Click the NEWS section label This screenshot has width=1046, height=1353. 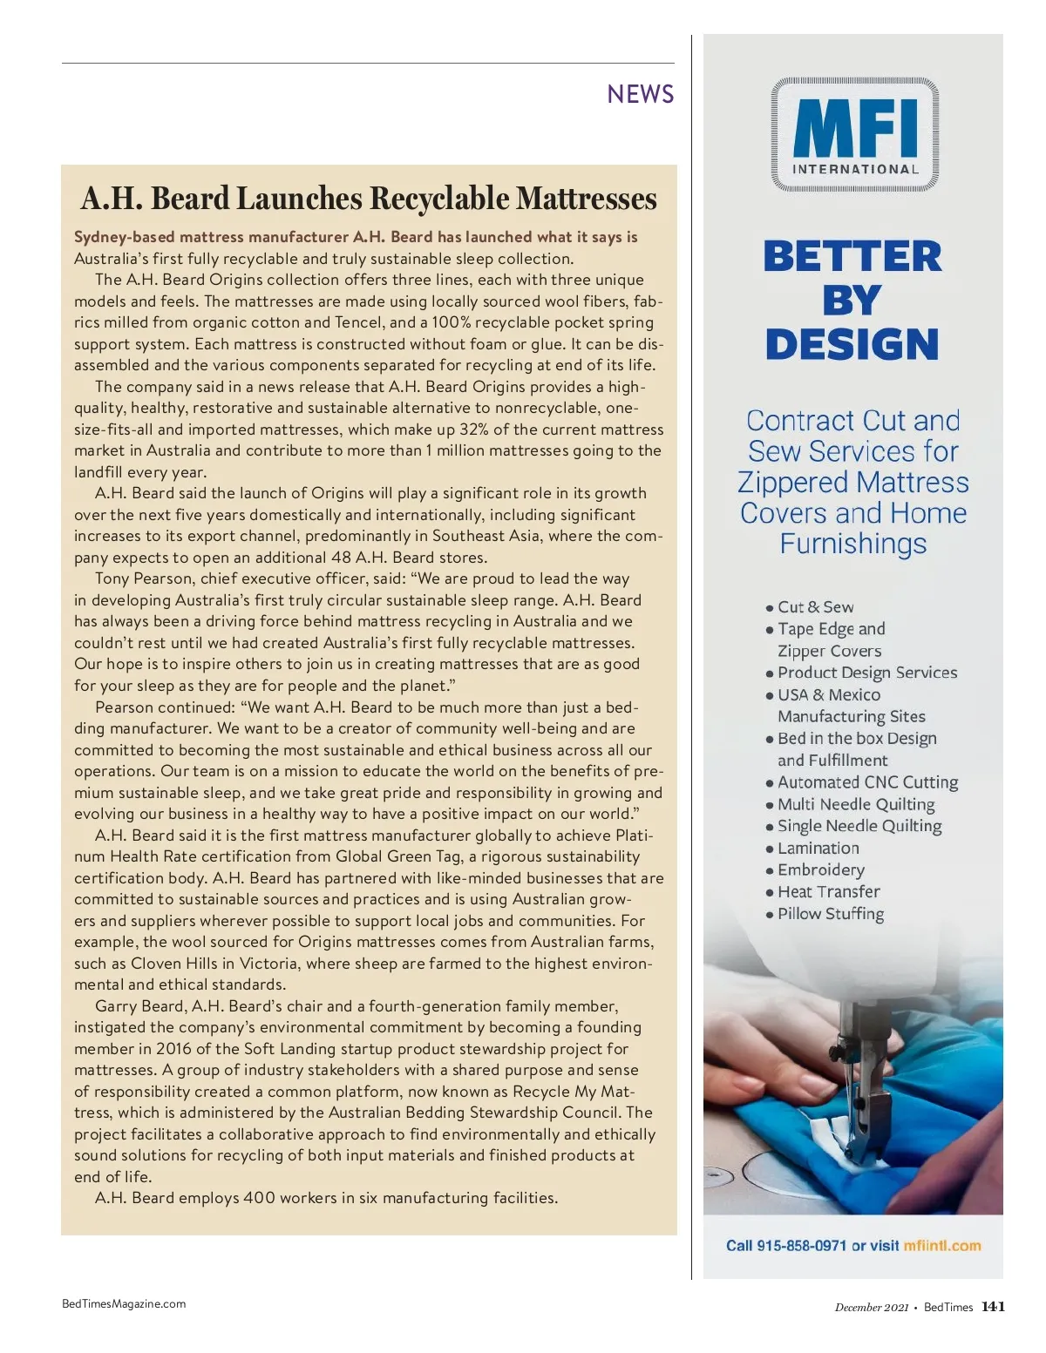641,94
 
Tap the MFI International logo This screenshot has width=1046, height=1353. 854,135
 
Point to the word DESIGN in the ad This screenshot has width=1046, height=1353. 852,344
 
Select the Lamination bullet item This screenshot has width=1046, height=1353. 818,848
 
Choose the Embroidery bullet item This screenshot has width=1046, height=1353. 820,869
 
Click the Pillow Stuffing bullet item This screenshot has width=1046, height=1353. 830,914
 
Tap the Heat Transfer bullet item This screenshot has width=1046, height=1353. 828,891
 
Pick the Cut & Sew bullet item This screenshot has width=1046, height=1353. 815,607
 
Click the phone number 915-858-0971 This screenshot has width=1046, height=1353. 801,1246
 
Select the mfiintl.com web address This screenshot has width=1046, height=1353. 942,1246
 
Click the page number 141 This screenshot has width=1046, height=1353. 993,1307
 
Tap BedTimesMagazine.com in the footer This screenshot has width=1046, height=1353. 124,1304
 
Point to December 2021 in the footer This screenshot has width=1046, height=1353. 871,1308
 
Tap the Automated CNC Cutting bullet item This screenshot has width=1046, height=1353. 867,782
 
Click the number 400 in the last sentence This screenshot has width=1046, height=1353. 259,1198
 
